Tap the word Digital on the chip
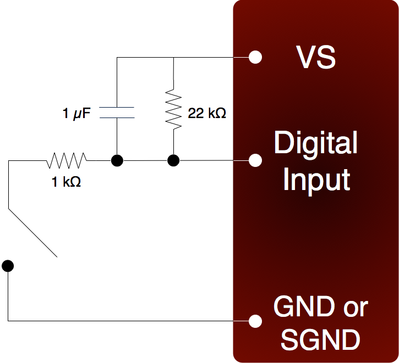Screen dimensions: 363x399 [x=316, y=143]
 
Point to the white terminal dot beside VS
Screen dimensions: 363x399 [x=255, y=57]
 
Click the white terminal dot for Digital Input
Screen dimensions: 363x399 [x=255, y=160]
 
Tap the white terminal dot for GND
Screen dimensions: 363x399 [x=255, y=320]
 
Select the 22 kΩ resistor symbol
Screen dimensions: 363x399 [x=174, y=109]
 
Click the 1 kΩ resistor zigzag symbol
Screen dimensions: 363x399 [x=67, y=160]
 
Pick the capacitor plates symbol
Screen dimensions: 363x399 [x=117, y=112]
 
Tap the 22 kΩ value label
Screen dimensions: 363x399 [x=206, y=115]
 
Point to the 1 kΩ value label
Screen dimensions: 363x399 [x=67, y=182]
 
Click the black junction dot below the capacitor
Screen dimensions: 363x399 [x=117, y=160]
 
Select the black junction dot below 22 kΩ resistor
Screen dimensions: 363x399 [x=174, y=160]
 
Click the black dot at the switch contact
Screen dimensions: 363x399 [x=8, y=266]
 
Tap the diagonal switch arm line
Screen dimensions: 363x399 [x=32, y=233]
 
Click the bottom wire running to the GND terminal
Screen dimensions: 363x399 [x=127, y=320]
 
